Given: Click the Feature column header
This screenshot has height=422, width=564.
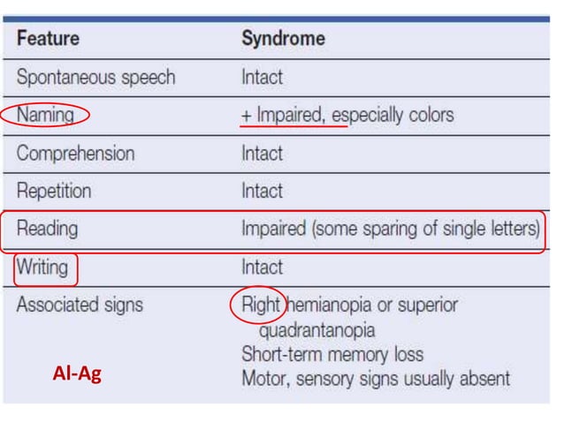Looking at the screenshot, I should [48, 39].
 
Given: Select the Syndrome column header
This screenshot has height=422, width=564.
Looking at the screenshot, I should [283, 39].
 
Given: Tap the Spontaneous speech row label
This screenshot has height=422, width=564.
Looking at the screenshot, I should [95, 77].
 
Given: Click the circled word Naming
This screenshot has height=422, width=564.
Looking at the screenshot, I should [43, 115].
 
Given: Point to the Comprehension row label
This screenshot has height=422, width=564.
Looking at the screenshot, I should [76, 154].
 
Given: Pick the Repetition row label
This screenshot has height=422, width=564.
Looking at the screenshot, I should [54, 192].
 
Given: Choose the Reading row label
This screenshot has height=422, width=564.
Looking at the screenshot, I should [47, 230].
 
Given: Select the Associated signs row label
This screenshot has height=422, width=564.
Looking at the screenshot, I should [80, 305].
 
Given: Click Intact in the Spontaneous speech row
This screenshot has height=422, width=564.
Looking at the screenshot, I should [262, 77].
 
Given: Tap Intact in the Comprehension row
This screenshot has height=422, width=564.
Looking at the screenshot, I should [262, 154].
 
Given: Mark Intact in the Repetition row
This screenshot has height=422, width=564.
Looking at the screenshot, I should [262, 192].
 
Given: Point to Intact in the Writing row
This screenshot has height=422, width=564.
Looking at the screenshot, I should [262, 268].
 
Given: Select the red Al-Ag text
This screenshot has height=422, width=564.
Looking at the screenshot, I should [77, 374].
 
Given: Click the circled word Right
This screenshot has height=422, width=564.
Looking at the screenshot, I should [261, 305].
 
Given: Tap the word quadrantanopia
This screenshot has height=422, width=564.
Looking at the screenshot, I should [316, 330].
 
